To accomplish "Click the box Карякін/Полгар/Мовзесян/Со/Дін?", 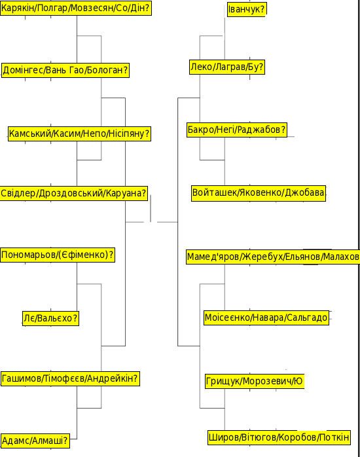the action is [76, 8].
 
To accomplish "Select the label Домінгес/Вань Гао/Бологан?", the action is [65, 70].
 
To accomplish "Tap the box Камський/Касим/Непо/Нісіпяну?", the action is [79, 134].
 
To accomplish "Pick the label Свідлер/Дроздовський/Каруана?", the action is [74, 193].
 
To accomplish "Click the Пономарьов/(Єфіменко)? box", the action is [58, 255].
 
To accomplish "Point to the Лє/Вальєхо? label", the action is [50, 318].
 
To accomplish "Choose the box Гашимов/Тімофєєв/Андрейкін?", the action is [70, 378].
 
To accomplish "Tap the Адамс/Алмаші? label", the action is [35, 441].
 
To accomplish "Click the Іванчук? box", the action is [247, 10].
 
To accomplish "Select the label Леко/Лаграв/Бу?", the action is [227, 67].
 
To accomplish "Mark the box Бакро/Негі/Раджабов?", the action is [237, 130].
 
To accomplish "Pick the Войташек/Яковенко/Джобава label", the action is [259, 193].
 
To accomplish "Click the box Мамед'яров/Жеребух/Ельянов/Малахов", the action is [273, 257].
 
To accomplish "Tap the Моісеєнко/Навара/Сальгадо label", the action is [266, 318].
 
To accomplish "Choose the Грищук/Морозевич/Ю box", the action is [255, 381].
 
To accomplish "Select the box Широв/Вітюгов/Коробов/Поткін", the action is [279, 437].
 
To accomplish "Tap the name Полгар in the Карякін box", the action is [52, 8].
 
